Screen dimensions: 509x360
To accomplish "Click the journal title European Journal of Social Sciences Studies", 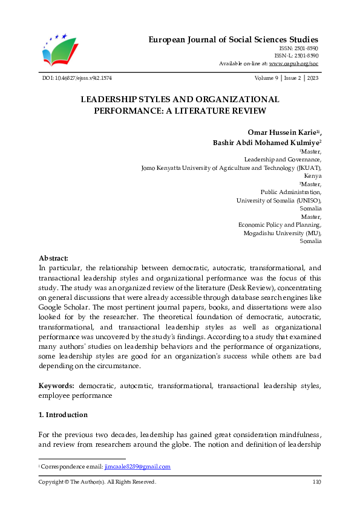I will click(234, 39).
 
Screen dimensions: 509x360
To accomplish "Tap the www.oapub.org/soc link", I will click(294, 63).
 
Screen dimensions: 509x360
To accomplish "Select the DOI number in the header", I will click(77, 79).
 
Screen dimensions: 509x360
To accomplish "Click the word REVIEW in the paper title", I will click(247, 111).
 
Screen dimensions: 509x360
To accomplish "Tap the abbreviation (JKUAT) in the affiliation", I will click(307, 167).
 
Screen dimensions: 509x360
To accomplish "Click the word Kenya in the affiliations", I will click(313, 176).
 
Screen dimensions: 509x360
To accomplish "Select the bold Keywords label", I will click(57, 386).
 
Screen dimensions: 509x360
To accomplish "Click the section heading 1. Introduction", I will click(63, 415).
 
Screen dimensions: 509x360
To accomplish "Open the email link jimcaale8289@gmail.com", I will click(137, 467).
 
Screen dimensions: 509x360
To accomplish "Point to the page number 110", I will click(316, 482).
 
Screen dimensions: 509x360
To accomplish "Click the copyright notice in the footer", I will click(97, 482).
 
